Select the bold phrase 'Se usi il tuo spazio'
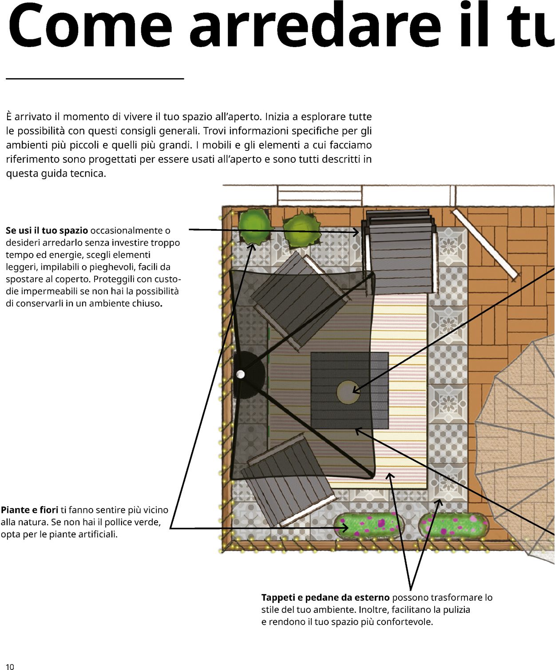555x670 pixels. click(47, 231)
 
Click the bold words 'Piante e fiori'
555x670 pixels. click(30, 510)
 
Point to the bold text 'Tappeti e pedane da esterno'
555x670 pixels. click(325, 598)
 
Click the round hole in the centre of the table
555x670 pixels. click(348, 392)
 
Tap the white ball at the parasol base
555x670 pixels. click(240, 374)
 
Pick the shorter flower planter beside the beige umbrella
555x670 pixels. click(453, 525)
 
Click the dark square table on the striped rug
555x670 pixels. click(350, 390)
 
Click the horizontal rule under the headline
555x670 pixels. click(95, 79)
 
